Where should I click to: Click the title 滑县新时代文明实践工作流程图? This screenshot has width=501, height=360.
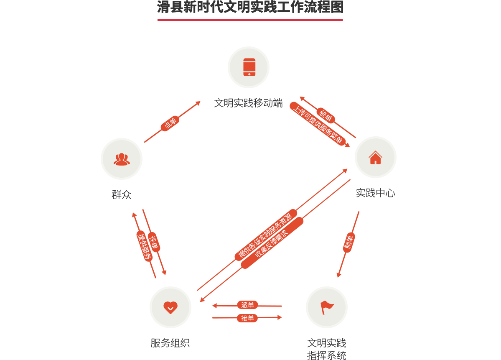tap(250, 7)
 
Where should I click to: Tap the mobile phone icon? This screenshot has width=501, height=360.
tap(249, 67)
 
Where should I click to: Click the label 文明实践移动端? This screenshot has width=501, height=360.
tap(248, 103)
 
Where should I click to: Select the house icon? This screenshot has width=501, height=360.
tap(375, 158)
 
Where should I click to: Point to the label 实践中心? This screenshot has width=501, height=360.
tap(375, 193)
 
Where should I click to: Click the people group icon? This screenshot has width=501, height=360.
tap(122, 159)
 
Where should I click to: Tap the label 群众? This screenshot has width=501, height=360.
tap(122, 194)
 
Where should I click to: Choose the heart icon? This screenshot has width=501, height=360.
tap(170, 307)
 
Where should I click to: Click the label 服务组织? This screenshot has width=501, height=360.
tap(170, 343)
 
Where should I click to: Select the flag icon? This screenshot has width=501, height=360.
tap(327, 308)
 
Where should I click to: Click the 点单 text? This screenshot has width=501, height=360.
tap(170, 123)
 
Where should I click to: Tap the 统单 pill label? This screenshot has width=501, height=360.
tap(325, 115)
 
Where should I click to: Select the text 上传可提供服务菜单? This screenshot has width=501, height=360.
tap(318, 125)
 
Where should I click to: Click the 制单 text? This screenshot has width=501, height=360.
tap(348, 243)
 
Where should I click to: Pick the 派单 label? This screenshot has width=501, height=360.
tap(247, 305)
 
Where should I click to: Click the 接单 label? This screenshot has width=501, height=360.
tap(247, 318)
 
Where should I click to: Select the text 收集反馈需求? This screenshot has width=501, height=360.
tap(272, 243)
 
